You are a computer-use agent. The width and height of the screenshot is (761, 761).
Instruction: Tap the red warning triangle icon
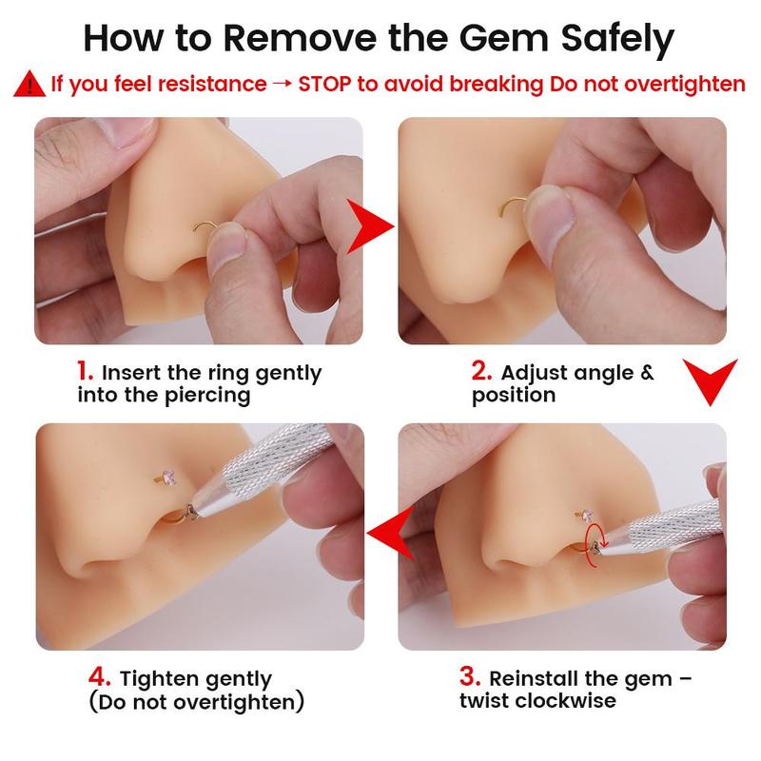click(29, 85)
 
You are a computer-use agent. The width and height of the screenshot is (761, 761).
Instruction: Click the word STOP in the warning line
click(324, 84)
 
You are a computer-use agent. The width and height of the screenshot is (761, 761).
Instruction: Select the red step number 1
click(85, 371)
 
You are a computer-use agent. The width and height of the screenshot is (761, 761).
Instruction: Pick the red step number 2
click(481, 371)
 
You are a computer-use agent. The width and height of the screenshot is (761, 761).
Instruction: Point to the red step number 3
click(469, 676)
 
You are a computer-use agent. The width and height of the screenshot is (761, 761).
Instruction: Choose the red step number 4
click(100, 676)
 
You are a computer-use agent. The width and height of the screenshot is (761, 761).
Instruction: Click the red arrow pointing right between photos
click(369, 225)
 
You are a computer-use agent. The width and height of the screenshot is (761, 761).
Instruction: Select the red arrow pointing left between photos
click(390, 533)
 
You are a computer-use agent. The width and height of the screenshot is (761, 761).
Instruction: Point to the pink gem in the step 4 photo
click(169, 475)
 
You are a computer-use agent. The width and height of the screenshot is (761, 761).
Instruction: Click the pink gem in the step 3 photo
click(588, 514)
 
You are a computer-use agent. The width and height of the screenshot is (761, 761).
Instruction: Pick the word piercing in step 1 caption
click(208, 396)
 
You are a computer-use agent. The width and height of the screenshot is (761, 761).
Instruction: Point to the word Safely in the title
click(617, 41)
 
